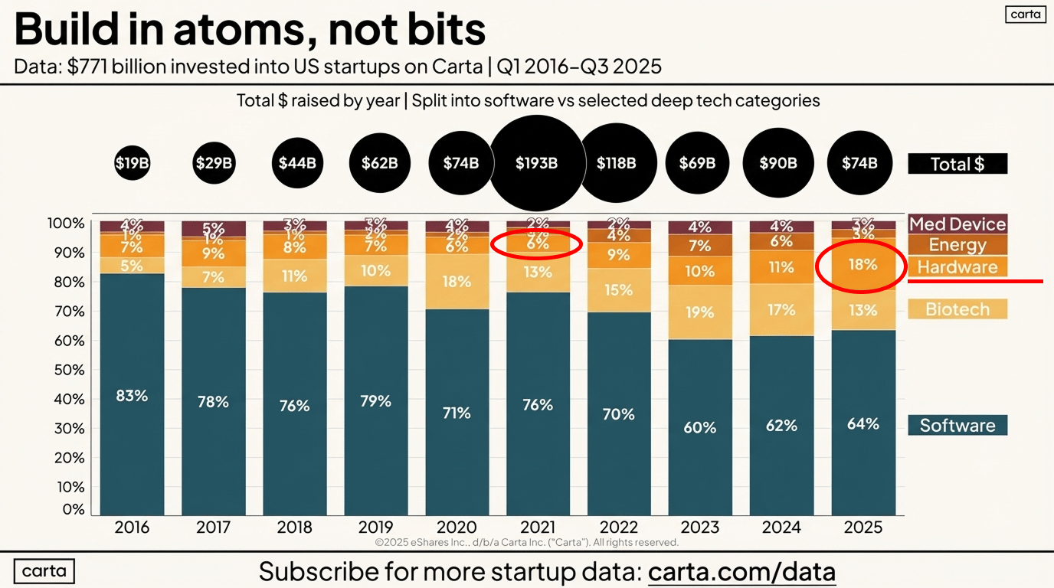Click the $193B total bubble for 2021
pyautogui.click(x=536, y=163)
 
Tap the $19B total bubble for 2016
pyautogui.click(x=132, y=163)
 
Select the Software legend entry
pyautogui.click(x=957, y=426)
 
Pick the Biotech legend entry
pyautogui.click(x=957, y=309)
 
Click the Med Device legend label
pyautogui.click(x=957, y=224)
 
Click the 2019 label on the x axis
pyautogui.click(x=375, y=528)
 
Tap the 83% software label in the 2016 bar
pyautogui.click(x=132, y=396)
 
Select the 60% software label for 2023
pyautogui.click(x=700, y=427)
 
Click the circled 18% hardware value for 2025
pyautogui.click(x=863, y=264)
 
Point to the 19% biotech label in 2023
pyautogui.click(x=700, y=312)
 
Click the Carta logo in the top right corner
pyautogui.click(x=1025, y=15)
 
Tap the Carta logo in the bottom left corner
pyautogui.click(x=44, y=571)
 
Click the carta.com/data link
pyautogui.click(x=741, y=571)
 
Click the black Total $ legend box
pyautogui.click(x=957, y=164)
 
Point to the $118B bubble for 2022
pyautogui.click(x=617, y=163)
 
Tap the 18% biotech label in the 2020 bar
pyautogui.click(x=457, y=282)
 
